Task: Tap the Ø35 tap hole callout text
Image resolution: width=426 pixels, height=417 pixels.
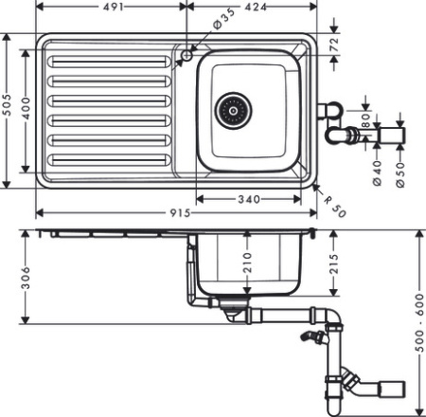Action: point(222,19)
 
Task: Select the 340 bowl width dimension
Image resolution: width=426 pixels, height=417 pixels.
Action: point(251,199)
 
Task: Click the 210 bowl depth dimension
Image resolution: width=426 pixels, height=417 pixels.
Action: point(247,260)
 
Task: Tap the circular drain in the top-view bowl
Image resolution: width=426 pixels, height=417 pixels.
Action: point(231,110)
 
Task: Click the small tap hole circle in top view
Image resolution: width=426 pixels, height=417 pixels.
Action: point(186,56)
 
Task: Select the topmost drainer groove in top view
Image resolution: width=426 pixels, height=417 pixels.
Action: point(106,61)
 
